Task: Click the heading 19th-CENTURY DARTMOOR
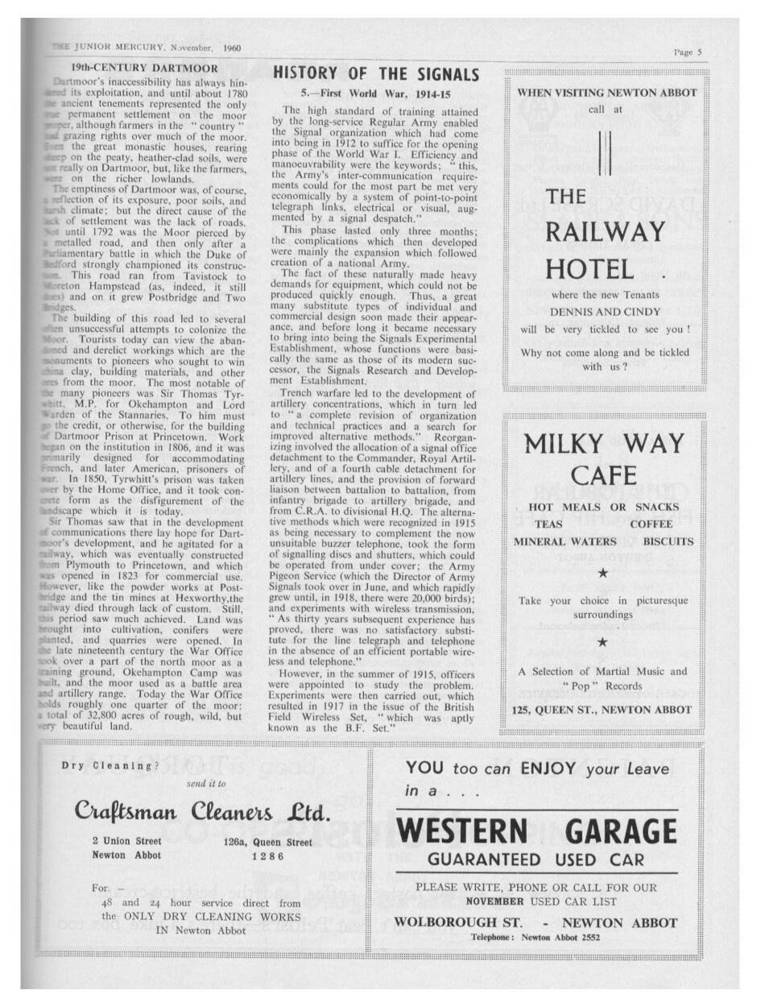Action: (143, 68)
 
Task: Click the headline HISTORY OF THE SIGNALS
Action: (376, 74)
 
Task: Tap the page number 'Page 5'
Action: (688, 52)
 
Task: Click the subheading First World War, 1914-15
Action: (377, 93)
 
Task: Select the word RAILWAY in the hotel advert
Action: (605, 232)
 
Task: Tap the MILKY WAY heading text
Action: (604, 444)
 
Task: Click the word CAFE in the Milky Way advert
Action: (604, 474)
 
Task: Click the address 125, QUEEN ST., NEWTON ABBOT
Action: (602, 710)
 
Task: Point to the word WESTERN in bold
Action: (462, 831)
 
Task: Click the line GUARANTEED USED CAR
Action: (536, 860)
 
